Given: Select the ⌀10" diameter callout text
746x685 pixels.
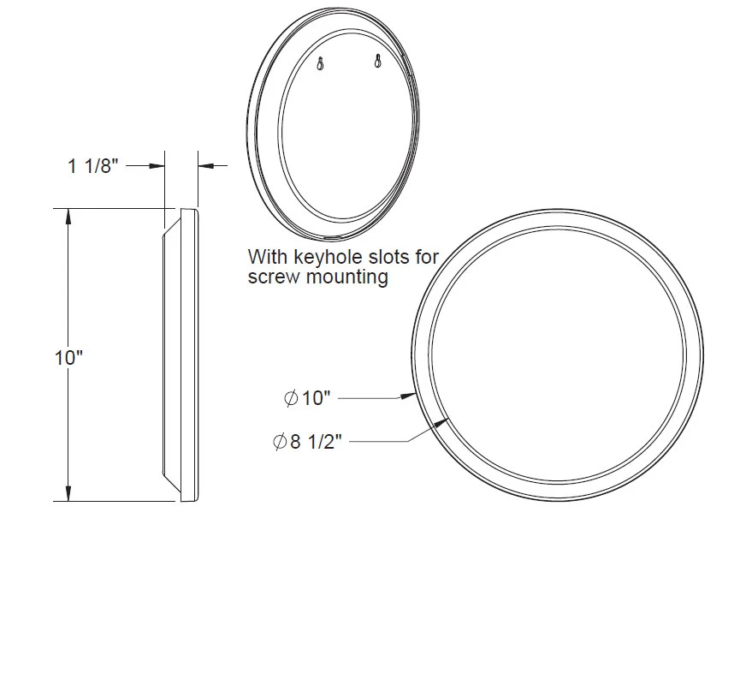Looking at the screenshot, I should click(x=306, y=398).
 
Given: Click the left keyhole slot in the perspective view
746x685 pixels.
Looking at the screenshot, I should click(x=320, y=63).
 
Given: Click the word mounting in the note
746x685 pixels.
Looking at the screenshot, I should click(x=344, y=277).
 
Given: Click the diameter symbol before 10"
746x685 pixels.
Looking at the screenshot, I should click(x=290, y=398).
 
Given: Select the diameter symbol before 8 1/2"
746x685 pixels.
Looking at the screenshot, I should click(x=279, y=442).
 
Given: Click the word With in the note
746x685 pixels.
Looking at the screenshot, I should click(x=264, y=256).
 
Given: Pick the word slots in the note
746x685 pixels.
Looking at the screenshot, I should click(x=384, y=256).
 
